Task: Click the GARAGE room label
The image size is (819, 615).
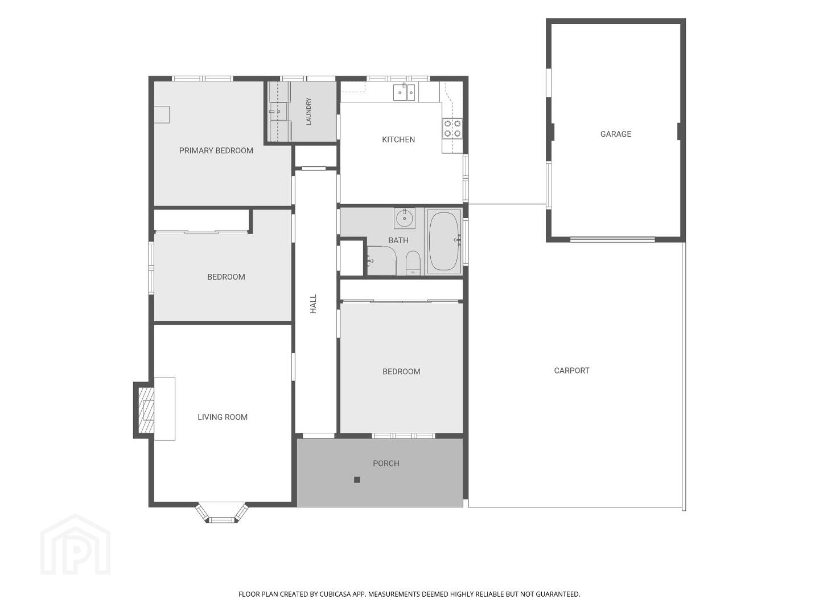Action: coord(616,134)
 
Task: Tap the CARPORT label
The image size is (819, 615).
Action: coord(571,371)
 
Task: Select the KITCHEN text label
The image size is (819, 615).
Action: coord(398,140)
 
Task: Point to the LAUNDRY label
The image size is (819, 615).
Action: coord(308,111)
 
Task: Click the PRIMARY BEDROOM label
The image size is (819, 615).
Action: coord(216,151)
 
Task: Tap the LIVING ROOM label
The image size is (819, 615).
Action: coord(223,417)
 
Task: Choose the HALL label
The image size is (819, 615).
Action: coord(314,304)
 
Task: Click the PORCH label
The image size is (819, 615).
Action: coord(386,464)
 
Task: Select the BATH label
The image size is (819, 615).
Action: coord(398,240)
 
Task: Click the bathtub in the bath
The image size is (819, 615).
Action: coord(443,241)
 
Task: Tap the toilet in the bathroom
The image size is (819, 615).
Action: coord(413,263)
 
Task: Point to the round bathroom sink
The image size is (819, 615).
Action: coord(405,218)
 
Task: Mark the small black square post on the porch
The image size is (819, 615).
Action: coord(357,480)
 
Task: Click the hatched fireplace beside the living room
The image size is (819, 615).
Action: coord(145,410)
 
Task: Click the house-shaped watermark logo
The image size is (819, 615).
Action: coord(75,544)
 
